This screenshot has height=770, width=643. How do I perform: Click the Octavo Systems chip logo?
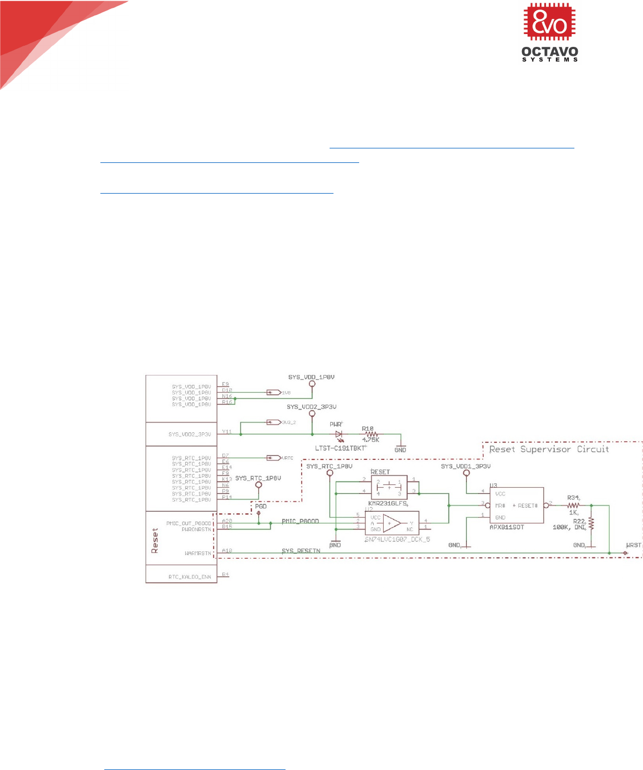(549, 23)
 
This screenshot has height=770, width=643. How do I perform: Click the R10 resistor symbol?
(371, 434)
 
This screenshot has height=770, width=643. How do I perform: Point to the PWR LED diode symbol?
(338, 434)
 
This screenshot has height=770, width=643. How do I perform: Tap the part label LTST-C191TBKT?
(341, 447)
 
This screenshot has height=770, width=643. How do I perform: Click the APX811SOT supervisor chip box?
(516, 506)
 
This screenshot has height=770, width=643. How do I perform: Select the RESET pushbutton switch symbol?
(389, 485)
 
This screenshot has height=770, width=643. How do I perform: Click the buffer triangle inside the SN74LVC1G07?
(391, 523)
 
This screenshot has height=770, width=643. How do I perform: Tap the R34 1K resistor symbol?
(573, 505)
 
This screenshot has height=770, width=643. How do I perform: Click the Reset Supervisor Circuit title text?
(549, 449)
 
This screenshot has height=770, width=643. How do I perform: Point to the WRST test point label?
(634, 545)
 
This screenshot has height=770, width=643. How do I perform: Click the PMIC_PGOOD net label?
(300, 521)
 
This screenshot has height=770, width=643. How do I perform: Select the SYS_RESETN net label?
(301, 551)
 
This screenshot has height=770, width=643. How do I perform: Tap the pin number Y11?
(226, 431)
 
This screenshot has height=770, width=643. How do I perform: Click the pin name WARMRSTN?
(197, 554)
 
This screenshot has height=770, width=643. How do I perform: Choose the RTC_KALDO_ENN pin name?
(190, 577)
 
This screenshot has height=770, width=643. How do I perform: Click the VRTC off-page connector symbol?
(273, 458)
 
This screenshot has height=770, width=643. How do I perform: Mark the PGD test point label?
(260, 506)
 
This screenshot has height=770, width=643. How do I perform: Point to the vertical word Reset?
(155, 541)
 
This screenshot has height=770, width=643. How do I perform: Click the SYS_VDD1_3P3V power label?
(466, 466)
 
